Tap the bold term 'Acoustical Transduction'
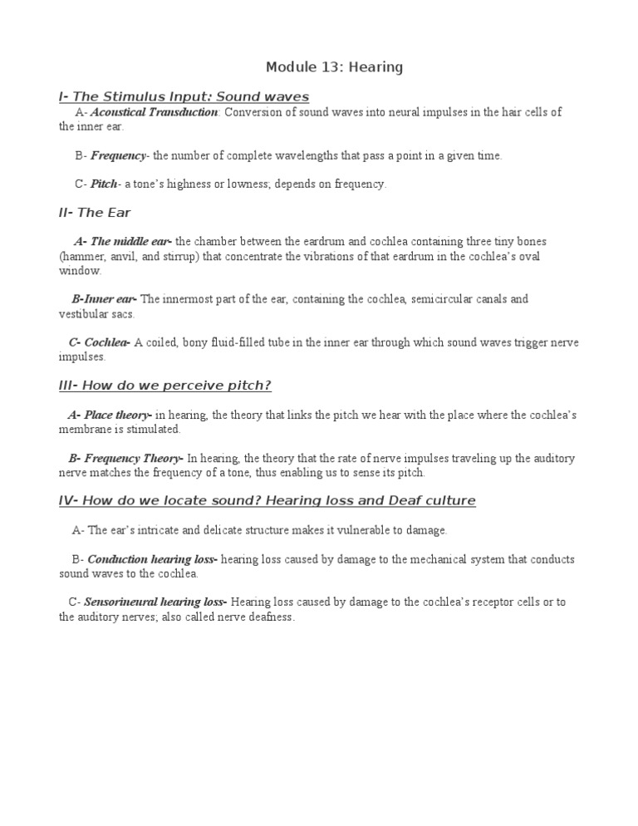[x=154, y=112]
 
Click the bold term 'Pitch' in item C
[x=104, y=184]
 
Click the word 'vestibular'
[x=85, y=314]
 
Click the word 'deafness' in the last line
[x=269, y=617]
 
